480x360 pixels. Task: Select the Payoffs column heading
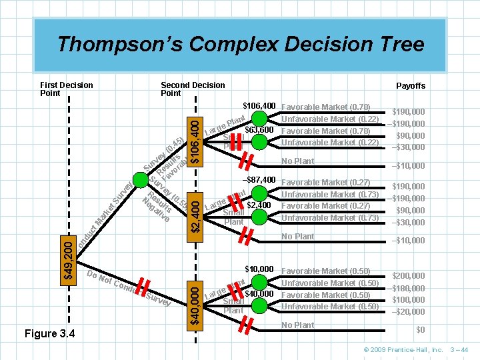410,86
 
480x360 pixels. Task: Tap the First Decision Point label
67,89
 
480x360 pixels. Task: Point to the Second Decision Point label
193,89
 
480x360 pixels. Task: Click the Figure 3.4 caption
50,333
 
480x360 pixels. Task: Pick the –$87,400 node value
259,181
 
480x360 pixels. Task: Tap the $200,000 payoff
408,275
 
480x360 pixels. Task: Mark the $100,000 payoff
408,300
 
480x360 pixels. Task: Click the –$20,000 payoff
408,312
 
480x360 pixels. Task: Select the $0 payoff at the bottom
420,330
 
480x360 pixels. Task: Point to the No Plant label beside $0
297,325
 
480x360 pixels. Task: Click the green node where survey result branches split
141,179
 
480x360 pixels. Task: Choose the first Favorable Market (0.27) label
326,182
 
